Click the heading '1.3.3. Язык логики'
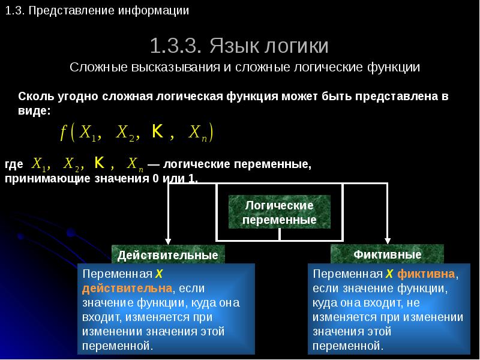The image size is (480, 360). (239, 46)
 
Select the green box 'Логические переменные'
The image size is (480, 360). (280, 212)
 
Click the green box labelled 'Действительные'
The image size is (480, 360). (168, 254)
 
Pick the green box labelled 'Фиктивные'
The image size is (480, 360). (387, 254)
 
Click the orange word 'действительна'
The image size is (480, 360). (127, 289)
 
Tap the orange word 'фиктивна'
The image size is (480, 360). (426, 274)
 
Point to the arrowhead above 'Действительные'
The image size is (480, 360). (168, 241)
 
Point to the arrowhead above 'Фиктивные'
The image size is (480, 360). (387, 241)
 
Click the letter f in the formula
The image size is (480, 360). (64, 133)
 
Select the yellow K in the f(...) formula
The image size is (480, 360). (158, 131)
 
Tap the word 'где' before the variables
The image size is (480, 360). (14, 164)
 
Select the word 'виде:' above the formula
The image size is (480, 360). (34, 110)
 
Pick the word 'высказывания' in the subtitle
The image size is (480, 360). (175, 67)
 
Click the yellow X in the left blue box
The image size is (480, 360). (159, 274)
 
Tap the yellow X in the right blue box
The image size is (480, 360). (389, 274)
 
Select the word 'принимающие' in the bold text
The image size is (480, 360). (47, 178)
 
